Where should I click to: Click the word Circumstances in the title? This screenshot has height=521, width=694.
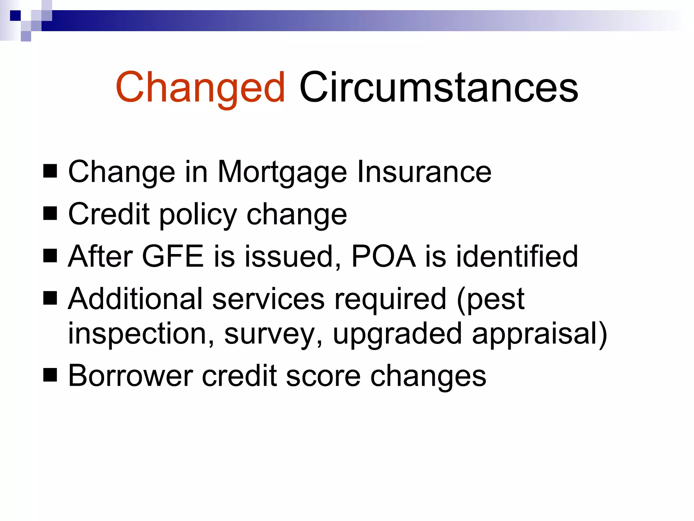(x=438, y=88)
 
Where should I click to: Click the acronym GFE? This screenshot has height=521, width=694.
(x=173, y=256)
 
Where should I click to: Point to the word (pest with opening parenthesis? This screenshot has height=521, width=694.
(x=490, y=299)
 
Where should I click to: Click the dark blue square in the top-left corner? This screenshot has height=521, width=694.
(x=15, y=16)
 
